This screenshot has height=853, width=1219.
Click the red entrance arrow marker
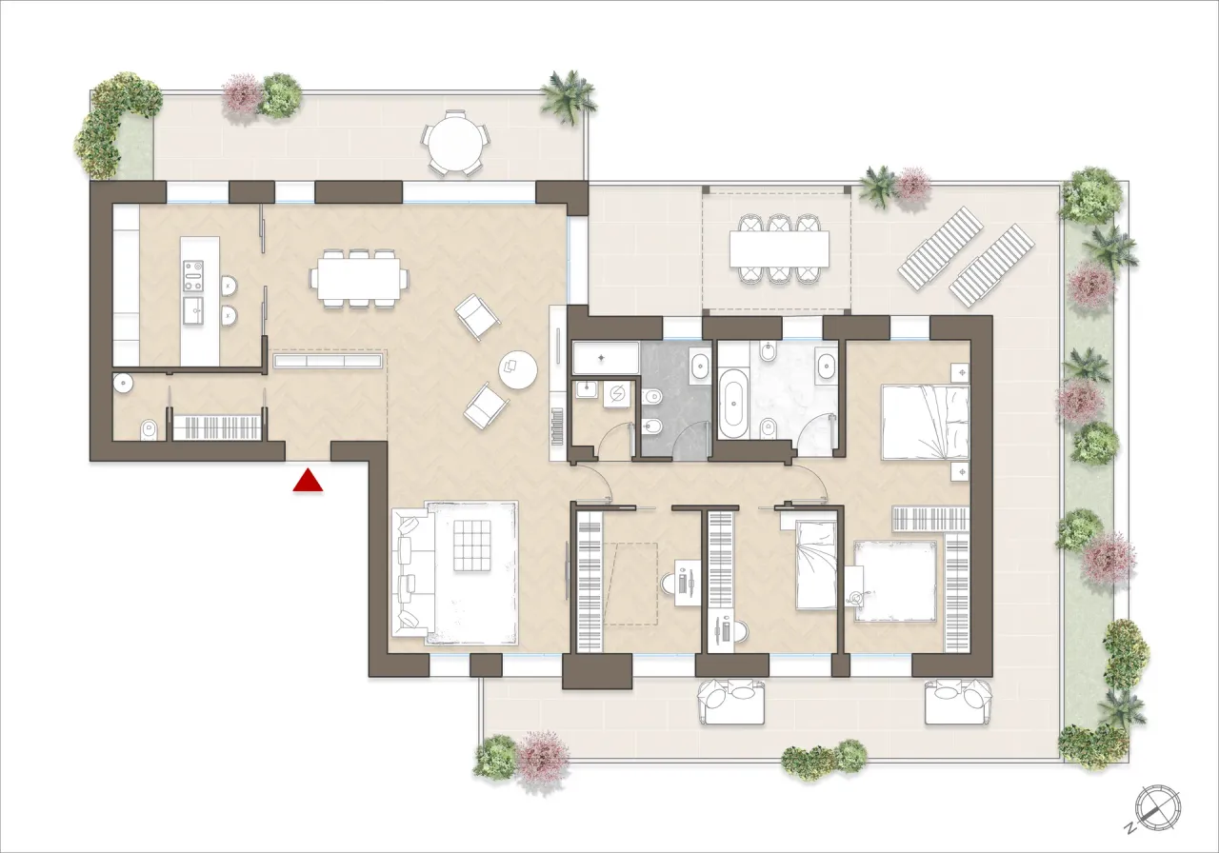click(308, 481)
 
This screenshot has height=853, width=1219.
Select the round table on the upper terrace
click(455, 143)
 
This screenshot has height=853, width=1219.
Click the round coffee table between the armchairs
click(518, 370)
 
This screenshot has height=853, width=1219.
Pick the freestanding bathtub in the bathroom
click(733, 407)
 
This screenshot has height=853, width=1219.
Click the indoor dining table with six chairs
click(359, 278)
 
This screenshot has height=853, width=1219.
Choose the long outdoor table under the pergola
click(779, 249)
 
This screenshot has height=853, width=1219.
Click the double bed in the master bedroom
click(925, 421)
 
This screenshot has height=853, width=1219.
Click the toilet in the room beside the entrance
click(149, 429)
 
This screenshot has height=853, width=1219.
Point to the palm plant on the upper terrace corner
click(569, 94)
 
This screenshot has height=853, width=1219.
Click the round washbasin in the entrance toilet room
click(124, 383)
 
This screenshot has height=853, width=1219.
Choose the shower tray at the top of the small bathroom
click(606, 359)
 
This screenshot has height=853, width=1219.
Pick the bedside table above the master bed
click(960, 370)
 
